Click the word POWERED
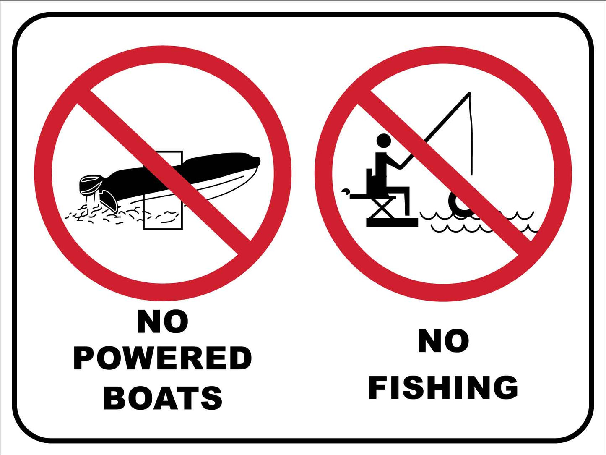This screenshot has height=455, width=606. pyautogui.click(x=163, y=358)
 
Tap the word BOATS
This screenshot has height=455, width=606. pyautogui.click(x=163, y=398)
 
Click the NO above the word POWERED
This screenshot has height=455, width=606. pyautogui.click(x=163, y=322)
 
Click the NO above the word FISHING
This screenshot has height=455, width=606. pyautogui.click(x=443, y=341)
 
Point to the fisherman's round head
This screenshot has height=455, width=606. pyautogui.click(x=383, y=141)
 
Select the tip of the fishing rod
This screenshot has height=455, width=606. pyautogui.click(x=469, y=93)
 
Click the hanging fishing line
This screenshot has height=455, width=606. pyautogui.click(x=472, y=139)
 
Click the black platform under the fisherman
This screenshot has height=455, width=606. pyautogui.click(x=392, y=222)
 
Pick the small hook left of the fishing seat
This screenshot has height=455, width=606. pyautogui.click(x=345, y=191)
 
